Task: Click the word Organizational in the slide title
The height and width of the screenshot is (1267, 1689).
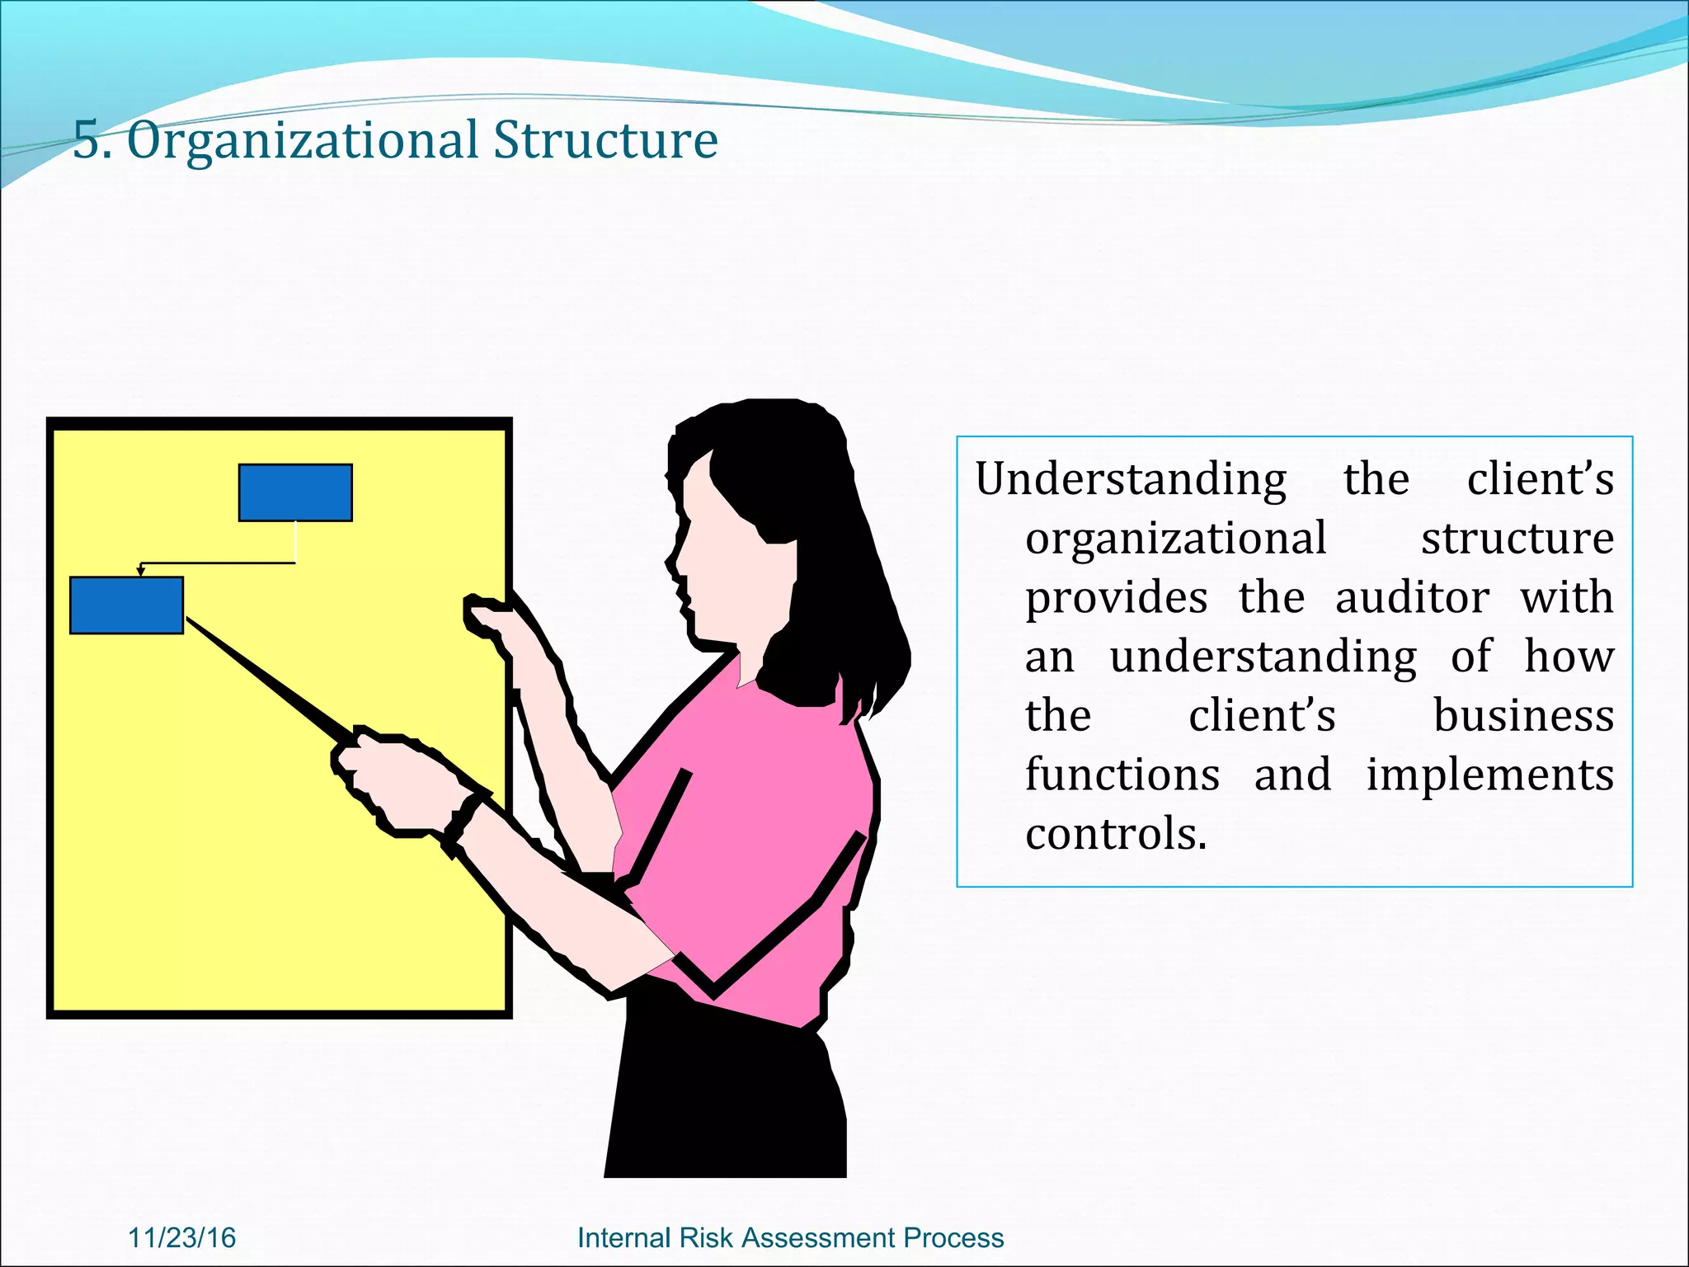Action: (301, 140)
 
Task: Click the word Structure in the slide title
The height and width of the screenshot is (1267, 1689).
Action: (605, 140)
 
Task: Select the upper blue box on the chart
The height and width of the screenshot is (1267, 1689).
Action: (295, 492)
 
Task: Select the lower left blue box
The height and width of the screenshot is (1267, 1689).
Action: (126, 605)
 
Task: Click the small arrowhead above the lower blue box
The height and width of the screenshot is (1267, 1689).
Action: (141, 571)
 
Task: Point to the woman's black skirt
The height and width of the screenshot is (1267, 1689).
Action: (726, 1097)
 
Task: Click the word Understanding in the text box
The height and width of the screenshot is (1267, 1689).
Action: (1130, 480)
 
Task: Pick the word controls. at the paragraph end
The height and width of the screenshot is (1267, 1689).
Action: (1116, 835)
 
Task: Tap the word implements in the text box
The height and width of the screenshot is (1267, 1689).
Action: (1489, 775)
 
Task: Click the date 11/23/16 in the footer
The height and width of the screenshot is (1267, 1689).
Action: (182, 1238)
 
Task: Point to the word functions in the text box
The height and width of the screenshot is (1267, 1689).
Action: (1122, 775)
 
